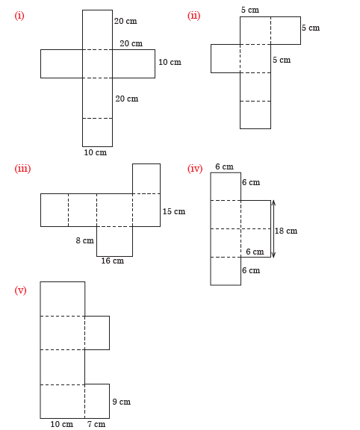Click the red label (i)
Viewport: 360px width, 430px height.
click(x=19, y=16)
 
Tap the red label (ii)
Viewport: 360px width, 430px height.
click(x=193, y=16)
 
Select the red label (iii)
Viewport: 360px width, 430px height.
click(x=22, y=169)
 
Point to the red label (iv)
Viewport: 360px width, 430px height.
click(x=195, y=169)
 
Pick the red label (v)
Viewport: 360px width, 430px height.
click(x=21, y=290)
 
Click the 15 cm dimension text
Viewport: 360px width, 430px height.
click(x=174, y=211)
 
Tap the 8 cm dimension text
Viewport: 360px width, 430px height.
click(x=85, y=240)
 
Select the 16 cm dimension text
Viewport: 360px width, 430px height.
click(x=113, y=261)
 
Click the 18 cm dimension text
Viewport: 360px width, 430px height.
click(x=286, y=231)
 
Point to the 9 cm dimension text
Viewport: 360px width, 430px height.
click(x=122, y=402)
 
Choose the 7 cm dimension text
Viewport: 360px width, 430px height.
click(x=96, y=424)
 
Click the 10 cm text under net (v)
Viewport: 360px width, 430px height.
click(x=62, y=424)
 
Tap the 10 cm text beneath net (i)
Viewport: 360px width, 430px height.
click(x=95, y=152)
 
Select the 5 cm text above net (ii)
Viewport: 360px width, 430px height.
click(x=250, y=10)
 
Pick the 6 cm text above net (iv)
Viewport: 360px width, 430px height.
click(x=225, y=166)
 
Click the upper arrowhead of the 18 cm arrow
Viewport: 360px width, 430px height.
click(x=273, y=202)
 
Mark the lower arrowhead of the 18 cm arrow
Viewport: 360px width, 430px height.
click(x=273, y=255)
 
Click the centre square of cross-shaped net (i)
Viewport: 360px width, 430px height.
click(x=97, y=64)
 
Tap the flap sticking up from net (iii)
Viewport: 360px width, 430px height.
click(x=146, y=179)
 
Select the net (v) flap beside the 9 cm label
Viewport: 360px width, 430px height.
click(x=97, y=401)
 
